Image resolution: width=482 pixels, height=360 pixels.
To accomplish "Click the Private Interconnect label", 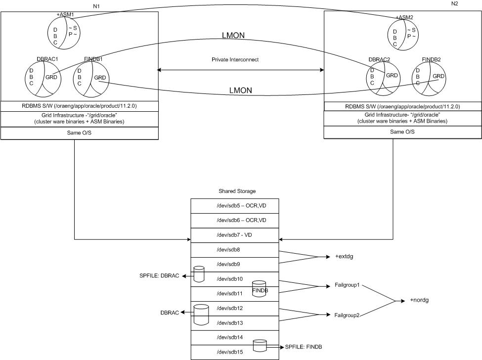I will tap(235, 59).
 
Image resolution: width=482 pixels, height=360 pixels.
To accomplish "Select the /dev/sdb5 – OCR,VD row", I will tap(235, 206).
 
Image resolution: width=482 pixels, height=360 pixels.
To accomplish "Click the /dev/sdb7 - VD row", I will tap(235, 235).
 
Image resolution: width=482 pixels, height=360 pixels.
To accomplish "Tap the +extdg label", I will tap(344, 257).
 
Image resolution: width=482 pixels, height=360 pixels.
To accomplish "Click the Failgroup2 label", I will tap(347, 315).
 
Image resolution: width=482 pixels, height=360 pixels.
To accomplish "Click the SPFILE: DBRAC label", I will tap(160, 275).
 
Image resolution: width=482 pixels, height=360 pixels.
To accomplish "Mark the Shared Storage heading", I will tap(237, 191).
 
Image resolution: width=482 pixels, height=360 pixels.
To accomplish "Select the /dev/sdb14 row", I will tap(235, 338).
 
